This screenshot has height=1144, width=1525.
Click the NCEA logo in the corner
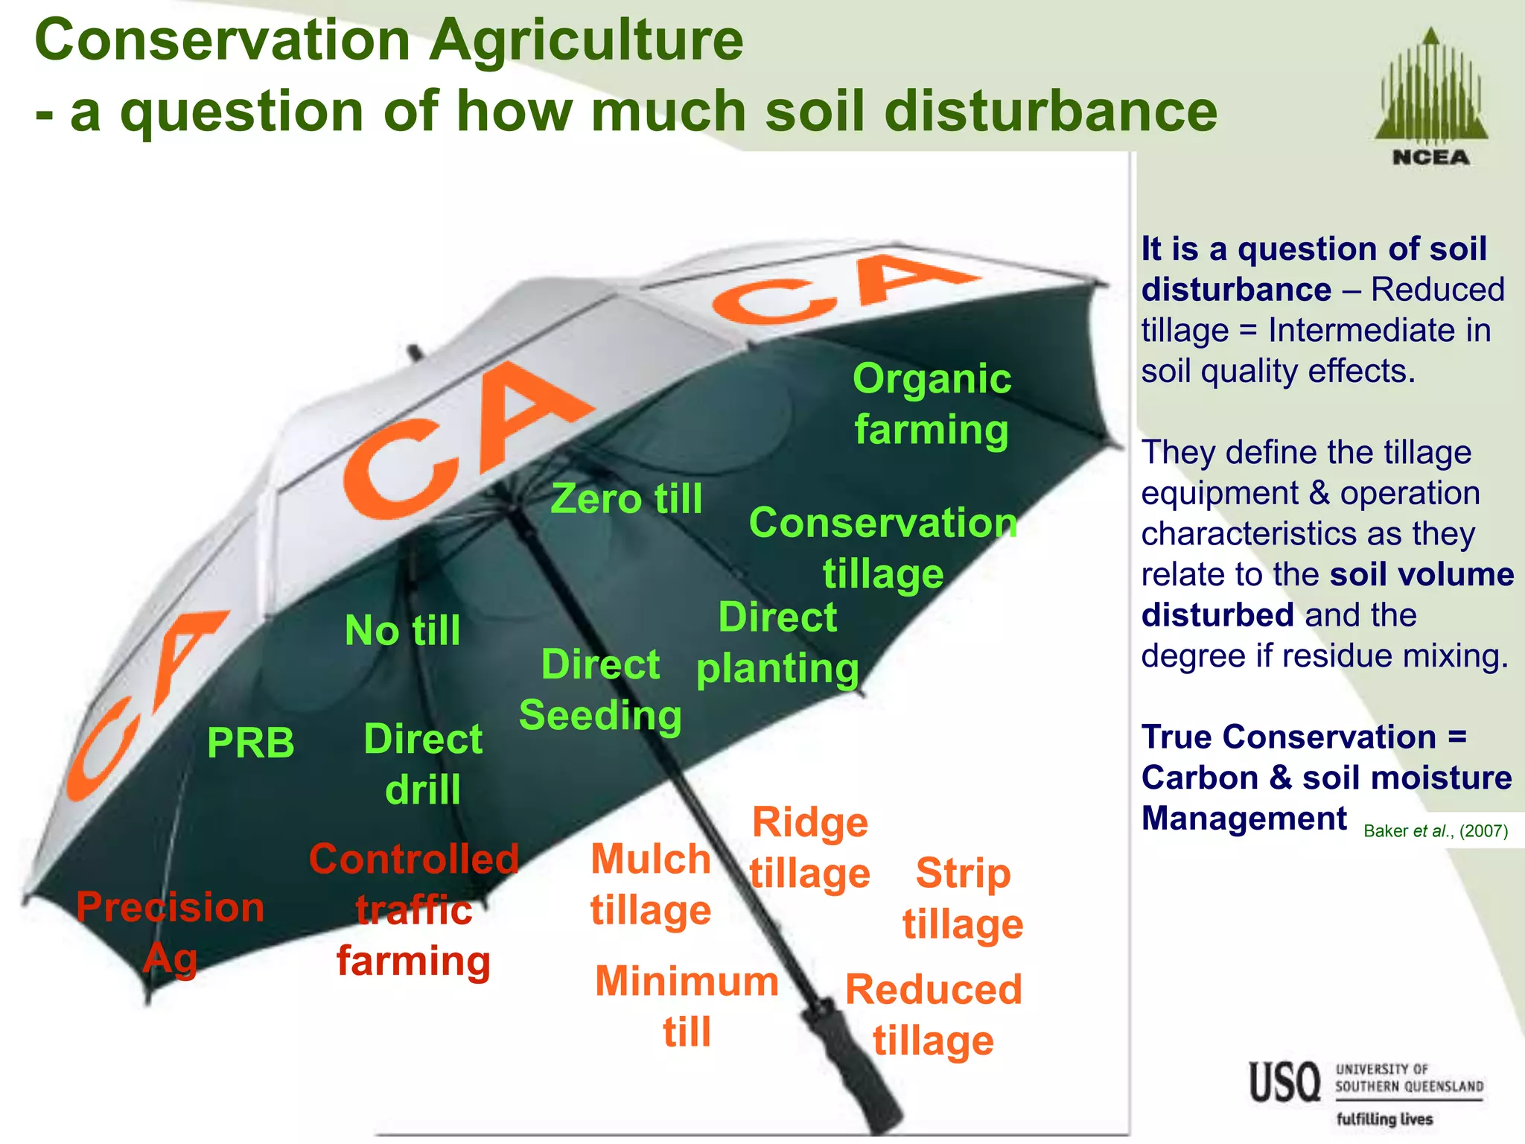coord(1430,97)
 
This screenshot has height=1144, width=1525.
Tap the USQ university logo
coord(1366,1091)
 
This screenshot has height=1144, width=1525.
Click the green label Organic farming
coord(932,404)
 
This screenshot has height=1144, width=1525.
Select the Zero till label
coord(626,498)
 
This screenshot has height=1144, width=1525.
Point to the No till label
coord(403,630)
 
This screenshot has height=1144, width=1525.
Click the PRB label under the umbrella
coord(251,743)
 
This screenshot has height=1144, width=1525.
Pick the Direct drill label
coord(423,764)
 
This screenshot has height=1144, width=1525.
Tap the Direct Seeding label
coord(600,690)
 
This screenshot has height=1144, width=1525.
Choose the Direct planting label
coord(777,643)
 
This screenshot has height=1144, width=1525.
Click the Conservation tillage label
coord(883,547)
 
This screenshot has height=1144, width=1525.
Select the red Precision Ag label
coord(171,932)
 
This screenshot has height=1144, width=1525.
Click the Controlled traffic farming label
coord(414,910)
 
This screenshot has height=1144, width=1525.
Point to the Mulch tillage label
coord(651,885)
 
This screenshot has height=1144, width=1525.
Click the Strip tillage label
coord(963,898)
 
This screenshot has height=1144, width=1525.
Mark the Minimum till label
coord(687,1006)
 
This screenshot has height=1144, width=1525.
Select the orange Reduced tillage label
coord(934,1014)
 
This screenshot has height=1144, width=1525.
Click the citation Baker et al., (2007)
coord(1436,831)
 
